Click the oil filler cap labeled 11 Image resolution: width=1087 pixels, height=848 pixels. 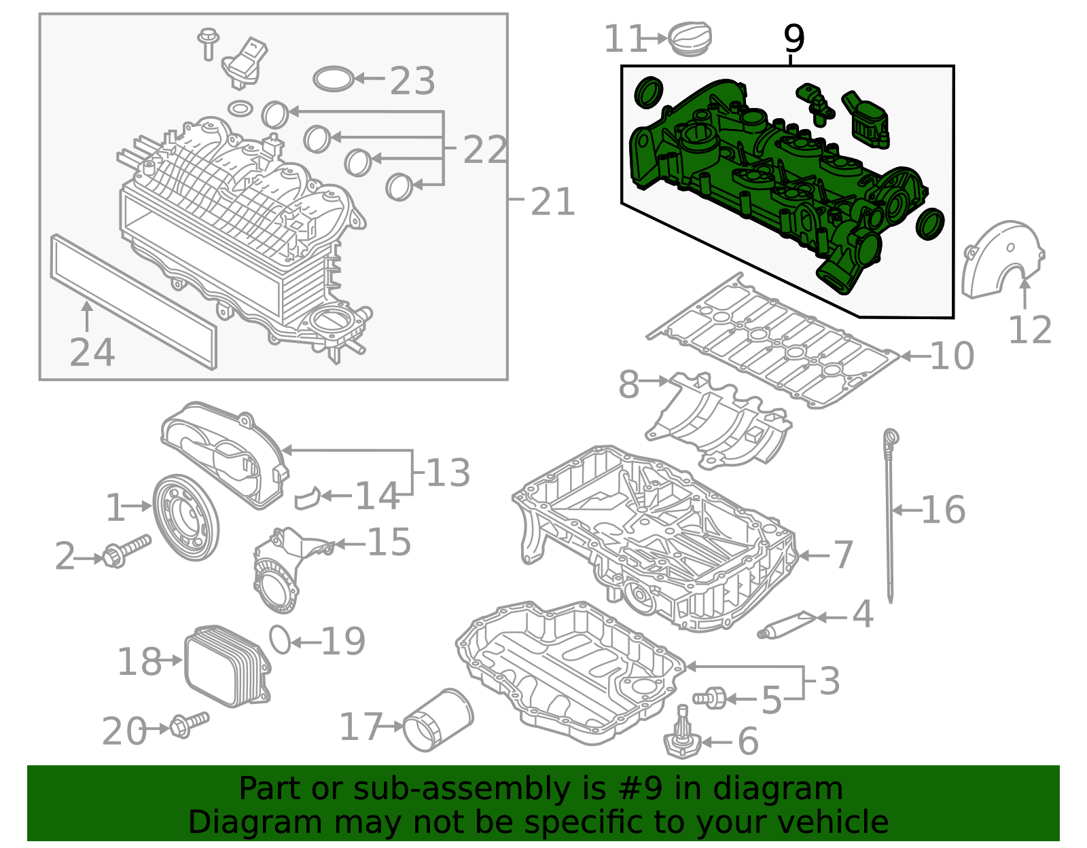[x=690, y=39]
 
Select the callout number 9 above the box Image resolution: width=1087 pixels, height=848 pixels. [x=794, y=39]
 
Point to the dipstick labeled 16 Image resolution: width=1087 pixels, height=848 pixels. [x=889, y=516]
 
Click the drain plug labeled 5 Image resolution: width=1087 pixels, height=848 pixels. [x=710, y=697]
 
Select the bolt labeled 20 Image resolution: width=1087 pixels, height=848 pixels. [x=189, y=724]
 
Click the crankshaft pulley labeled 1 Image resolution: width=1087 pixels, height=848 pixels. [x=185, y=517]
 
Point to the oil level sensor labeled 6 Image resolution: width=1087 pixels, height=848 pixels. [x=682, y=740]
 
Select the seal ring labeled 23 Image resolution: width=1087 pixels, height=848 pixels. [x=334, y=79]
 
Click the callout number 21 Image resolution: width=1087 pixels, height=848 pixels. [x=553, y=202]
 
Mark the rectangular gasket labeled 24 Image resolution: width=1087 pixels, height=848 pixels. [x=133, y=301]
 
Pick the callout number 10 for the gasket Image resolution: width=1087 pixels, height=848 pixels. [x=952, y=356]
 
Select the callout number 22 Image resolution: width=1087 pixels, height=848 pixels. [x=485, y=149]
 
